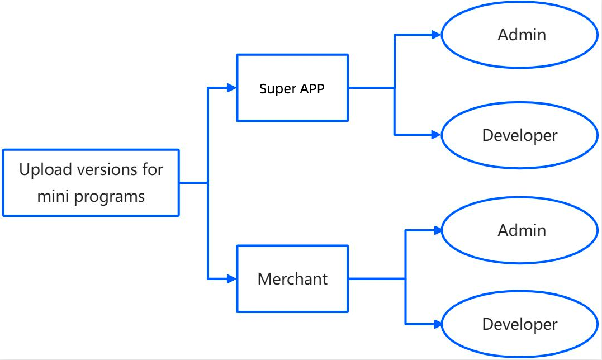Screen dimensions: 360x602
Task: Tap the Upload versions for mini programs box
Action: click(x=91, y=182)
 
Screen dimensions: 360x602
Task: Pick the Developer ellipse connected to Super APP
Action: click(x=520, y=135)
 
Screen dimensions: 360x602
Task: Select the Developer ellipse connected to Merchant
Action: click(x=520, y=324)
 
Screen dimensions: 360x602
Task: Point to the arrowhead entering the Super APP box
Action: click(x=231, y=87)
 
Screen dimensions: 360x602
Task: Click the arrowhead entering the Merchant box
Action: click(x=231, y=278)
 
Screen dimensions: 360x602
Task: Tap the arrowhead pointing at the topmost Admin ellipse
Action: click(x=437, y=35)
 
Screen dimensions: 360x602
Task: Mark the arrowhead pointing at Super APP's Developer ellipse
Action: click(x=437, y=135)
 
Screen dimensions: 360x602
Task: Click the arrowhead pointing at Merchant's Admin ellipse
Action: click(x=437, y=230)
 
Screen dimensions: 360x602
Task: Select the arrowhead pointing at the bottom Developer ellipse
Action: click(x=437, y=324)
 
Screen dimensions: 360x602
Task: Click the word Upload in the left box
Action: click(x=42, y=169)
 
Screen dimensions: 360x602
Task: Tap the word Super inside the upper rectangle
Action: click(x=274, y=88)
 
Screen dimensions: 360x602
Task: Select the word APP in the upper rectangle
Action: click(x=312, y=88)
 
